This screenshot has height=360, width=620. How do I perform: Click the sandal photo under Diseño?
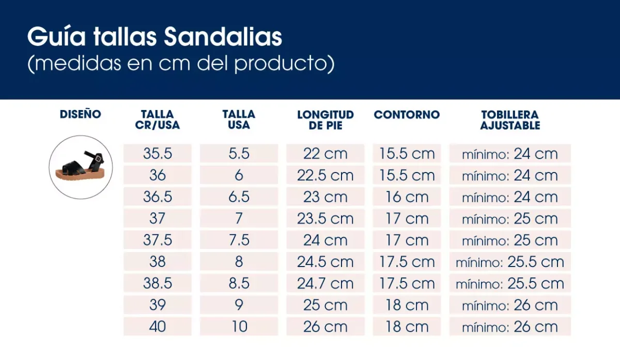coord(81,167)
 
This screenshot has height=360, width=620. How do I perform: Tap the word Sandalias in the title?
coord(223,37)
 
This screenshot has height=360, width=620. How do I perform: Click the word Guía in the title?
coord(57,37)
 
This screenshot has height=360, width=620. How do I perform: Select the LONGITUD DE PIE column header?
coord(325,120)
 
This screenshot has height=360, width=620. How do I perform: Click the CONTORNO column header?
coord(407,115)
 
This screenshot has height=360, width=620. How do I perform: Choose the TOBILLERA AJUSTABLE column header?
coord(509,120)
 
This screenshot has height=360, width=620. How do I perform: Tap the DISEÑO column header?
coord(81,114)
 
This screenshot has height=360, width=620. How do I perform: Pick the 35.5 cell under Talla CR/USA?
coord(158,154)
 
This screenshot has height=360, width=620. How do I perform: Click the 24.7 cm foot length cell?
coord(325,284)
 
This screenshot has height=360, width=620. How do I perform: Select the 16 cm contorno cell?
coord(407,197)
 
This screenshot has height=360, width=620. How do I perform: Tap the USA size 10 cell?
coord(239,327)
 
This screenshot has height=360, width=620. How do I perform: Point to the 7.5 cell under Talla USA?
coord(239,240)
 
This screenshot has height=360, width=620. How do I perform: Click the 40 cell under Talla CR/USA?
coord(158,327)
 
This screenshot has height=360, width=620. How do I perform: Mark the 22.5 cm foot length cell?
coord(325,176)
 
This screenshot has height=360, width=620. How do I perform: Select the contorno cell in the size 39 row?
coord(407,305)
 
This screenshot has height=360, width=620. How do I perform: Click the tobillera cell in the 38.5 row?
coord(509,284)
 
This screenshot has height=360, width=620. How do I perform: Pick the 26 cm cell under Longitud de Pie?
coord(325,327)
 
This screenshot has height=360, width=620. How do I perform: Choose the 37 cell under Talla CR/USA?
coord(158,218)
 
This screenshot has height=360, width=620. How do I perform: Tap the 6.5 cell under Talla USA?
coord(239,197)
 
